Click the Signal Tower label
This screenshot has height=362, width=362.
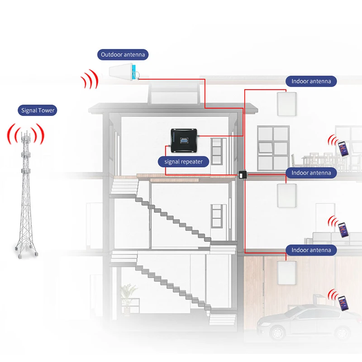click(x=38, y=110)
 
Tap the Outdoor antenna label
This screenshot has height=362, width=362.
click(x=123, y=55)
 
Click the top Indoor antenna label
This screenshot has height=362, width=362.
click(x=311, y=81)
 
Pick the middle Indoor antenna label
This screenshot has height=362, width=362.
click(x=311, y=172)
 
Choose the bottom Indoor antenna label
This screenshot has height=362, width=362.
click(x=311, y=250)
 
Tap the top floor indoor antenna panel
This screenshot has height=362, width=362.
click(x=286, y=103)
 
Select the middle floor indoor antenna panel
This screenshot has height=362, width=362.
click(x=286, y=195)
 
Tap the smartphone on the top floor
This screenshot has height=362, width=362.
click(x=343, y=148)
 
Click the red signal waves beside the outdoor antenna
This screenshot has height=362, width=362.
click(x=90, y=80)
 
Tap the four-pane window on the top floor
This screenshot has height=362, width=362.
click(x=272, y=142)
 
